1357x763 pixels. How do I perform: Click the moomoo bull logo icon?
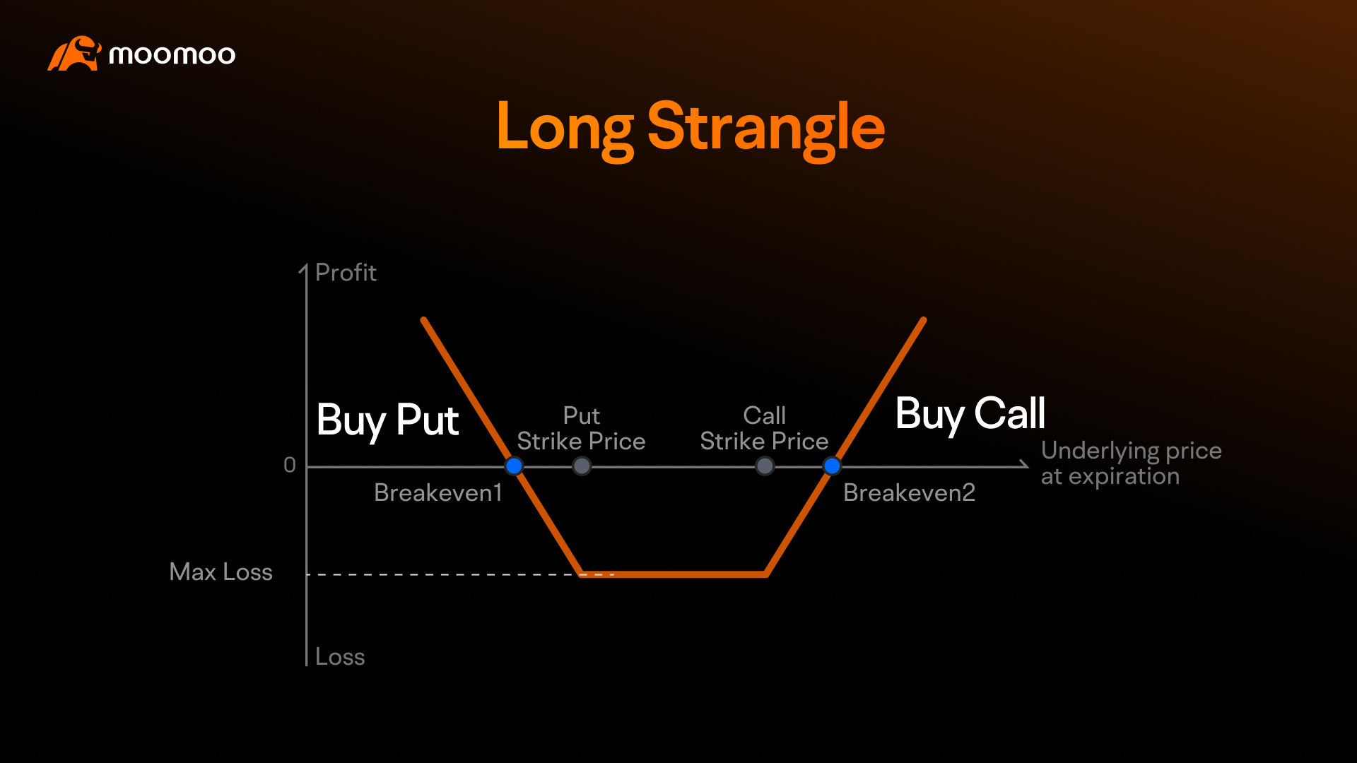click(x=74, y=54)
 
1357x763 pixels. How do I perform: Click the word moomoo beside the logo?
click(x=172, y=55)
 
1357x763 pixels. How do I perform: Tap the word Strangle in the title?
click(x=766, y=129)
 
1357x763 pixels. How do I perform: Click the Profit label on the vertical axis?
click(x=346, y=273)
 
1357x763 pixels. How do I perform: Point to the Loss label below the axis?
click(x=340, y=657)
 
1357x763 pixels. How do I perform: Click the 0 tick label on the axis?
click(x=290, y=465)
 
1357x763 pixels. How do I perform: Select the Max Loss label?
click(x=221, y=572)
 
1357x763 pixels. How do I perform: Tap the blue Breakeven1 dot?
click(x=514, y=466)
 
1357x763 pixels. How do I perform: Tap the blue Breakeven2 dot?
click(x=832, y=466)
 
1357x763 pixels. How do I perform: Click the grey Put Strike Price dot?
click(x=582, y=466)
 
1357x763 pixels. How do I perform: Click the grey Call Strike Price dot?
click(x=765, y=466)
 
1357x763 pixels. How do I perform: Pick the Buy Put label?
click(x=387, y=420)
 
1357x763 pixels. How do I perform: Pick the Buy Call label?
click(x=970, y=414)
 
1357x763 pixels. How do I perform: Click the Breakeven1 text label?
click(x=438, y=492)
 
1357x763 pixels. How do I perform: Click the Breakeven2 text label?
click(x=909, y=492)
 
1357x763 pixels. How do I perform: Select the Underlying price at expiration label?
click(x=1131, y=463)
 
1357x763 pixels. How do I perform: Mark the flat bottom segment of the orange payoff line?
click(x=674, y=574)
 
